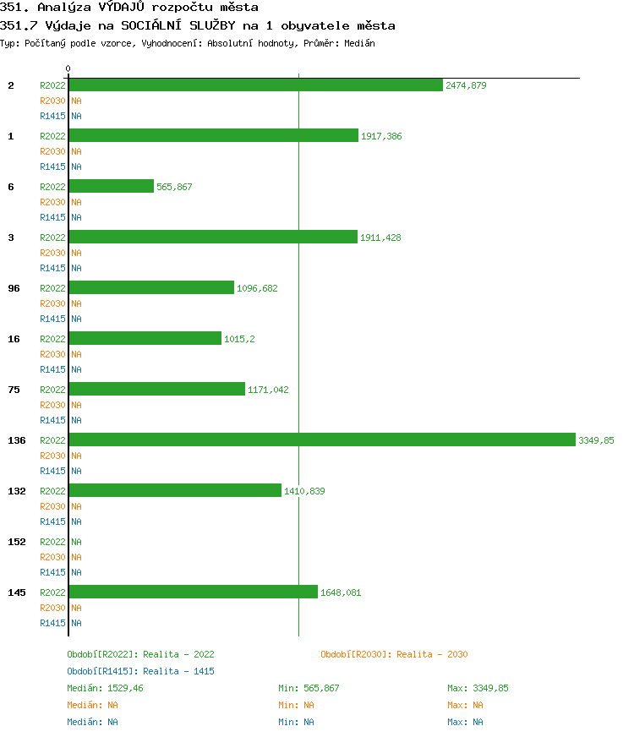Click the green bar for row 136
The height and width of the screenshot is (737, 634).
tap(322, 439)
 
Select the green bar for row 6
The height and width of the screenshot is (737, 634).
tap(112, 186)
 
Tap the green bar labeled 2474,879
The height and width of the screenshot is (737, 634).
tap(255, 85)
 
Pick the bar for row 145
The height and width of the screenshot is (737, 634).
tap(194, 592)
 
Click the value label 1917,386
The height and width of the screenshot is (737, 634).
tap(381, 136)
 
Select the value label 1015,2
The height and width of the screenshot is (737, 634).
tap(239, 339)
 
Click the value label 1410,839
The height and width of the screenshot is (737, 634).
tap(304, 491)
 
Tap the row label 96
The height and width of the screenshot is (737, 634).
tap(14, 288)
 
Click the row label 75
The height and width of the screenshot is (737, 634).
tap(14, 390)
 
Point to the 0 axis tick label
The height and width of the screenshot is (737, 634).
tap(68, 68)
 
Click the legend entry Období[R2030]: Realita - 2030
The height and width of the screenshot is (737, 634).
tap(394, 654)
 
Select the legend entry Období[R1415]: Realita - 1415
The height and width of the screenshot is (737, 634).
tap(140, 671)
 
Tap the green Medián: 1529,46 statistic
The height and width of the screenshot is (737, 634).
tap(106, 688)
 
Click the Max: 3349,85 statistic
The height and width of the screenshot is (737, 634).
tap(478, 688)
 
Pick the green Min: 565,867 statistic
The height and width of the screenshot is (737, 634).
tap(309, 688)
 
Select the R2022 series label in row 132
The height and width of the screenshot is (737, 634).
tap(52, 491)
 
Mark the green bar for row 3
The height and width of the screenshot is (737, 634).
tap(213, 237)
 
